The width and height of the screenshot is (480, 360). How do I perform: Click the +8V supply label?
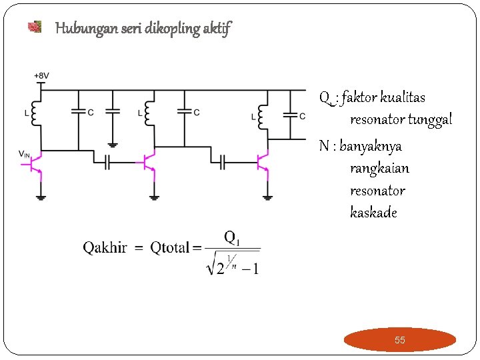pyautogui.click(x=41, y=76)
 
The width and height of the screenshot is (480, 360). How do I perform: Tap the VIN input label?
pyautogui.click(x=24, y=155)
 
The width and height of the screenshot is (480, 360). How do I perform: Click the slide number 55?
pyautogui.click(x=399, y=340)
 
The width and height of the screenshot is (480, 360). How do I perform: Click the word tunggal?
pyautogui.click(x=429, y=120)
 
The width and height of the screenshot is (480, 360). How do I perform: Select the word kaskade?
pyautogui.click(x=373, y=213)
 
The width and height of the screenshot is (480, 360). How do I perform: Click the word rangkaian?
pyautogui.click(x=379, y=168)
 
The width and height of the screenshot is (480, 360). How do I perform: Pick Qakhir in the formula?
pyautogui.click(x=105, y=248)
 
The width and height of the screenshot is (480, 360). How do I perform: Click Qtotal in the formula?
pyautogui.click(x=170, y=248)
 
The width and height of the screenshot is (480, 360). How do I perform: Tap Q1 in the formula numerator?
pyautogui.click(x=232, y=237)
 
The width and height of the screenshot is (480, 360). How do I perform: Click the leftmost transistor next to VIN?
pyautogui.click(x=38, y=162)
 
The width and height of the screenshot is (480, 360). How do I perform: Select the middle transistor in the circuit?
pyautogui.click(x=149, y=161)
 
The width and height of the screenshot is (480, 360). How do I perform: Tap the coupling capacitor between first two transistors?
pyautogui.click(x=107, y=162)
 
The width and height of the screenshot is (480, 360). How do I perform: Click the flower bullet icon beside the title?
pyautogui.click(x=35, y=27)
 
